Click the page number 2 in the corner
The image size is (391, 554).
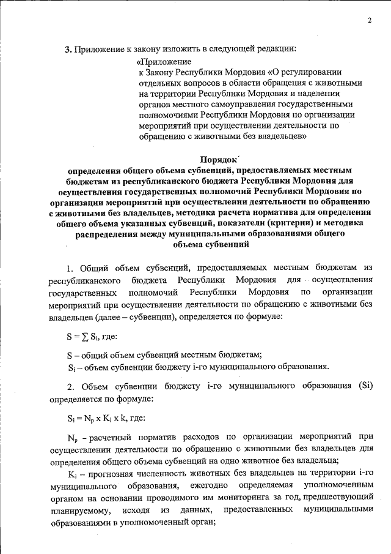[370, 21]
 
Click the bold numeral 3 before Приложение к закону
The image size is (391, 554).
[68, 49]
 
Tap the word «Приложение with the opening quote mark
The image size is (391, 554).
[164, 61]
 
